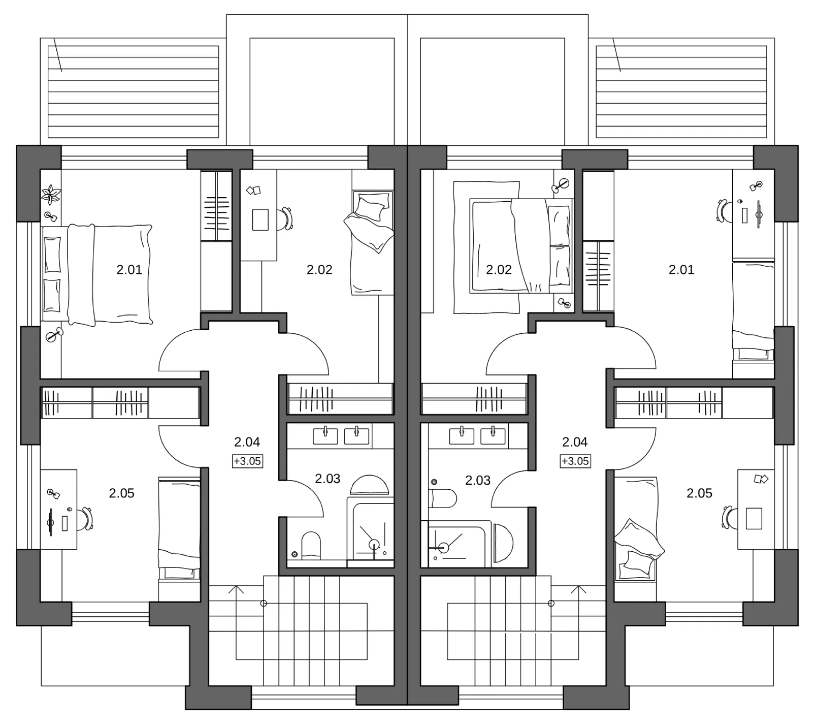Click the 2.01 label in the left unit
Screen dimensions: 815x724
point(129,270)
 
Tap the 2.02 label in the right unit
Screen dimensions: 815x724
point(499,270)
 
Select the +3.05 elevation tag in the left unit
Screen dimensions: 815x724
point(247,461)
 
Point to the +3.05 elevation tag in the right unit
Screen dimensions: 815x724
point(575,461)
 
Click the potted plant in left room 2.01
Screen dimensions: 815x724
point(51,194)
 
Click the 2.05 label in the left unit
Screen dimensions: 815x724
point(122,493)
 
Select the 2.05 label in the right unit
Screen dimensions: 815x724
point(699,493)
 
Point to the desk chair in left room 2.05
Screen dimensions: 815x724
point(86,519)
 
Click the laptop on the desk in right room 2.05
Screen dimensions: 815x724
point(754,518)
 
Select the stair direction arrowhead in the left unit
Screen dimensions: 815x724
point(236,589)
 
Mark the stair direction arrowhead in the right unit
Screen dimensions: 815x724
point(579,589)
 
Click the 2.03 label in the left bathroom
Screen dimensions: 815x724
point(328,479)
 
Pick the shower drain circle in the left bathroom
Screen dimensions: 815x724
point(374,544)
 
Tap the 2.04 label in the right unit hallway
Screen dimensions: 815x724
point(575,443)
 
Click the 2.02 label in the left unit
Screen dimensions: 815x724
point(319,270)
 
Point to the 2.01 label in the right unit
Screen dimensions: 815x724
point(681,270)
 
